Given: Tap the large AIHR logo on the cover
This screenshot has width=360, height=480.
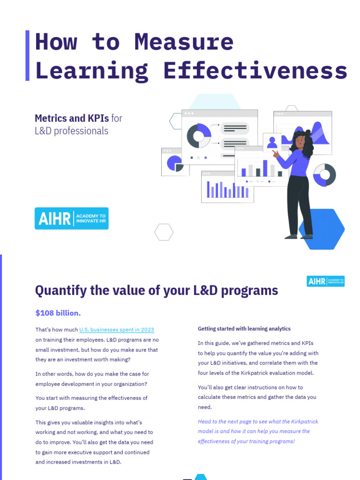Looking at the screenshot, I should pos(71,218).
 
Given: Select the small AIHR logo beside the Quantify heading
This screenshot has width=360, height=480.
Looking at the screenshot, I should pos(325,281).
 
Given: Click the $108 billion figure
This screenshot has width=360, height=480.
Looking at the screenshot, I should pos(58,313).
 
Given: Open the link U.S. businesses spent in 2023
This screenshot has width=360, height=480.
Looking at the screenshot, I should pos(117,330).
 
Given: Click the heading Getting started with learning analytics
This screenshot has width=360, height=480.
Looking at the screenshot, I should pos(244,329).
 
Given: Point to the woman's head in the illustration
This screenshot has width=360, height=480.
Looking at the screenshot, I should pos(300,139).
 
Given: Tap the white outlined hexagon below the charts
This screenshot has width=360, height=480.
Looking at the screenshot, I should pos(164,232).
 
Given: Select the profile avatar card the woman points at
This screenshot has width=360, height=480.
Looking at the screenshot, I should pos(272,142).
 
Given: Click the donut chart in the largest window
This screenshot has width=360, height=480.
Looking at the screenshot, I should pos(199,136).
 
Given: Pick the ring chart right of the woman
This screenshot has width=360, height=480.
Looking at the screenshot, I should pos(324,174).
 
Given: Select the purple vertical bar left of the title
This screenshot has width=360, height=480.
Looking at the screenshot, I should pos(27,55).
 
